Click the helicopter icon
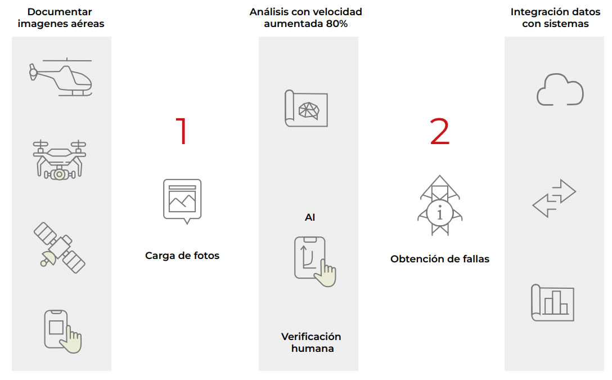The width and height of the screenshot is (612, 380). pyautogui.click(x=61, y=77)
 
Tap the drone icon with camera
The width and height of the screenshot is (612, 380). pyautogui.click(x=59, y=160)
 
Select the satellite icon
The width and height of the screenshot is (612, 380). pyautogui.click(x=59, y=248)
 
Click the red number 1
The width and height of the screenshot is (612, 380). pyautogui.click(x=182, y=131)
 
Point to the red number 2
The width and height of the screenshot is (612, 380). pyautogui.click(x=439, y=131)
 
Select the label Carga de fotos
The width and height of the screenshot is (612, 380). pyautogui.click(x=182, y=256)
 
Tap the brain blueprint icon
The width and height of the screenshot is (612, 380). pyautogui.click(x=307, y=108)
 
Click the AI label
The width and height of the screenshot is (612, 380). pyautogui.click(x=310, y=217)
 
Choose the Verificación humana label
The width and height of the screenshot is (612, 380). pyautogui.click(x=311, y=342)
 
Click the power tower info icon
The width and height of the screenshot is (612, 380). pyautogui.click(x=440, y=205)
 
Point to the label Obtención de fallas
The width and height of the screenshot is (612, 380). pyautogui.click(x=440, y=259)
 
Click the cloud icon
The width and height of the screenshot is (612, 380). pyautogui.click(x=560, y=90)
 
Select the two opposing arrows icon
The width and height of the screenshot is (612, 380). pyautogui.click(x=554, y=198)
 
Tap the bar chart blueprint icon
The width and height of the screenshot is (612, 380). pyautogui.click(x=553, y=303)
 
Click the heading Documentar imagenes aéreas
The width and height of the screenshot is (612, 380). pyautogui.click(x=61, y=17)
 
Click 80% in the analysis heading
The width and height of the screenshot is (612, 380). pyautogui.click(x=337, y=24)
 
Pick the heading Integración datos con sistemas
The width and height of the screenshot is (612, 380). pyautogui.click(x=555, y=17)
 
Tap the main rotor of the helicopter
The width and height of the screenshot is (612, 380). pyautogui.click(x=67, y=61)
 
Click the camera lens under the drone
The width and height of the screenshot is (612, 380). pyautogui.click(x=59, y=174)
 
